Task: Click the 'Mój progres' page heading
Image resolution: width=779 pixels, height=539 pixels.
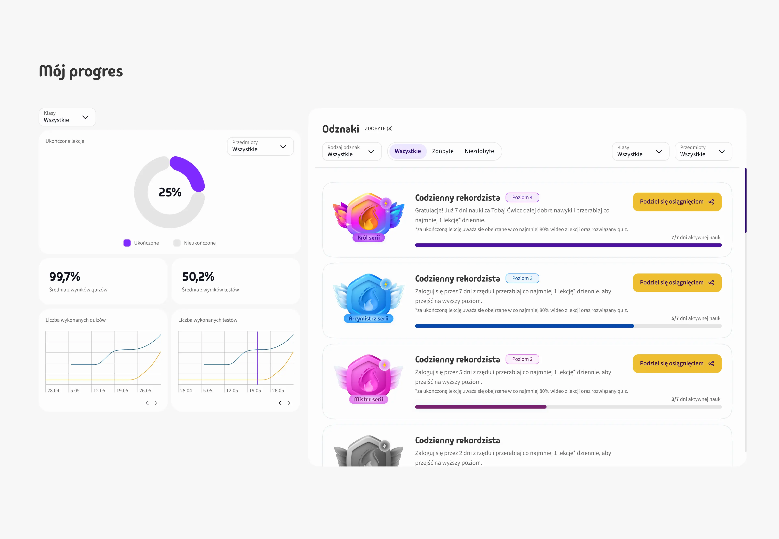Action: [81, 71]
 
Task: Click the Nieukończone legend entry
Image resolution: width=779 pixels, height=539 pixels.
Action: [195, 243]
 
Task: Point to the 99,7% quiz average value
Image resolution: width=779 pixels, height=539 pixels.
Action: [65, 277]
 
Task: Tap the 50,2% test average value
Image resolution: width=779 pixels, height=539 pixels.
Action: [198, 277]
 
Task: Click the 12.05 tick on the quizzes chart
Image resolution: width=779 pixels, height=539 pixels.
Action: [99, 390]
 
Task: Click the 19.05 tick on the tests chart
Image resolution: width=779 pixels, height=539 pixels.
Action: [255, 390]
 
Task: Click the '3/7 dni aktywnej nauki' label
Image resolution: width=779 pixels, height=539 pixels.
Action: [696, 399]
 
